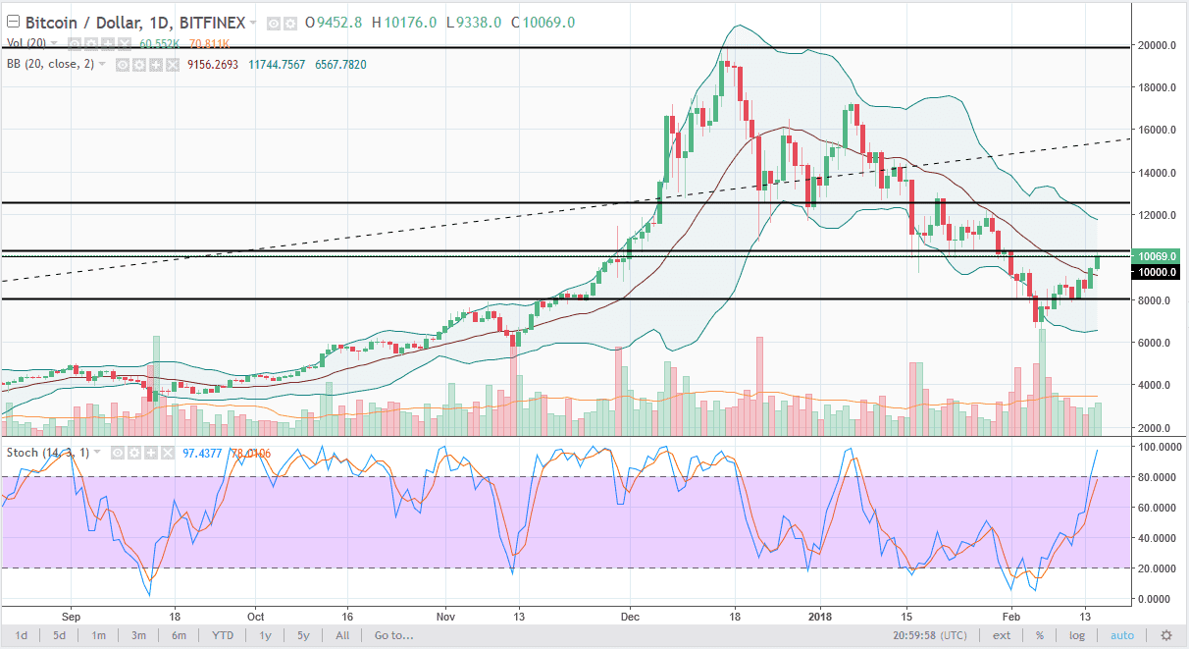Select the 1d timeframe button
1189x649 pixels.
click(x=21, y=635)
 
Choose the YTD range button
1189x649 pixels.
click(x=224, y=635)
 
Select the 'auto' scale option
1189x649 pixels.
click(x=1122, y=635)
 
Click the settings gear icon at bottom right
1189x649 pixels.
click(x=1166, y=635)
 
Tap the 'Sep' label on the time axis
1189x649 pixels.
click(x=72, y=617)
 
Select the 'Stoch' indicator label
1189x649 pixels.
click(x=22, y=453)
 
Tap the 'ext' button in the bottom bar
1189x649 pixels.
click(x=1001, y=635)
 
